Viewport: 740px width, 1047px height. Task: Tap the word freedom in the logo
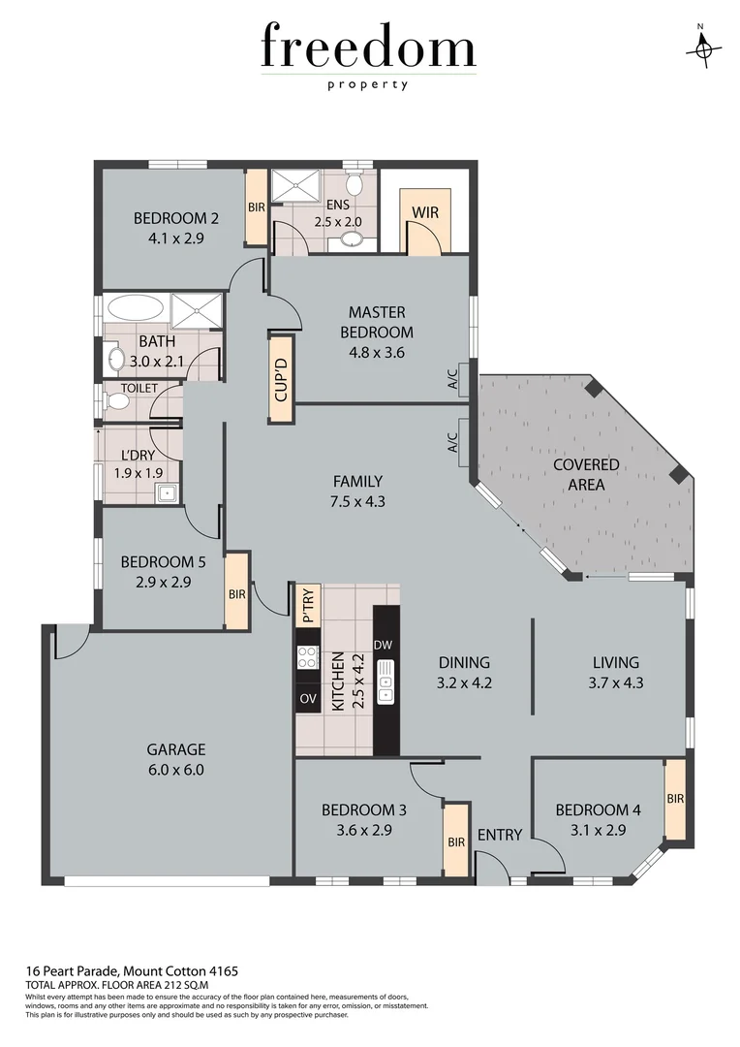368,48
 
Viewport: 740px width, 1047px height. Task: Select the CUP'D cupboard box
281,377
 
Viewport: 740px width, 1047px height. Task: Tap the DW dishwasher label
384,645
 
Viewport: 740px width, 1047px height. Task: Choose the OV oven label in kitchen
308,698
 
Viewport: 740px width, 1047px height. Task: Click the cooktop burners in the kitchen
308,657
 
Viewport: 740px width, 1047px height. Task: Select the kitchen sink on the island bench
385,679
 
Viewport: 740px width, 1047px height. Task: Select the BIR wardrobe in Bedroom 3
456,841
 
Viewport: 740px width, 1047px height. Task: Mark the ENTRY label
500,835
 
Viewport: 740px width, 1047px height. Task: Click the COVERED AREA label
586,474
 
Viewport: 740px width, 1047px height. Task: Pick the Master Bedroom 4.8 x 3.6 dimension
377,352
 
